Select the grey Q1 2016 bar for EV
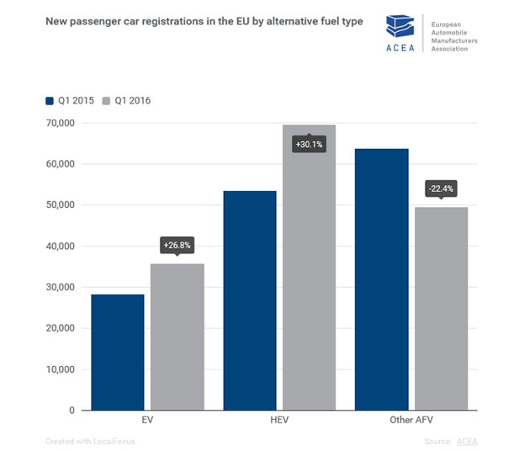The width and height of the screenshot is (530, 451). point(177,337)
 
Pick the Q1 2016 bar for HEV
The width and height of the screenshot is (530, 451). point(309,278)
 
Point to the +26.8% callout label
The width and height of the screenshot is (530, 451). point(177,246)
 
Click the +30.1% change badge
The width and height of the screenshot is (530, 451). point(309,145)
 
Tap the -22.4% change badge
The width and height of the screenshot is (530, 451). point(441,188)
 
